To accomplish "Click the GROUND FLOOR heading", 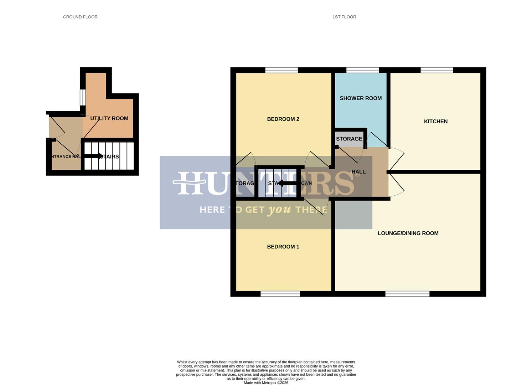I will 80,17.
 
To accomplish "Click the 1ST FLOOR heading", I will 344,17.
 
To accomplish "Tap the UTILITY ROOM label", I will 109,118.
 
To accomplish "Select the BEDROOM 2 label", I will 283,119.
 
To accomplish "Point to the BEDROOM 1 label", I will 283,247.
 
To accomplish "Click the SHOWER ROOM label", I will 361,98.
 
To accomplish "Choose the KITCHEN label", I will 435,122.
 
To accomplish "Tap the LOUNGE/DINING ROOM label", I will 408,233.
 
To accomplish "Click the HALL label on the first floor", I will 358,172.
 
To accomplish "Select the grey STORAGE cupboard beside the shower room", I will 349,139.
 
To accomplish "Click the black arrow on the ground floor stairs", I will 93,156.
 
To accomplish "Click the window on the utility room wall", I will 82,97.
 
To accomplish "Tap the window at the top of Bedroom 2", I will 282,70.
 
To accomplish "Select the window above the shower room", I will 362,70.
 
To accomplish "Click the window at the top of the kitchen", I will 437,70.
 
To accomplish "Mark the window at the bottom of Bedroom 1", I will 280,294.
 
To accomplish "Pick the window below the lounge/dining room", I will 407,294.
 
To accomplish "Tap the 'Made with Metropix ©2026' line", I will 266,383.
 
